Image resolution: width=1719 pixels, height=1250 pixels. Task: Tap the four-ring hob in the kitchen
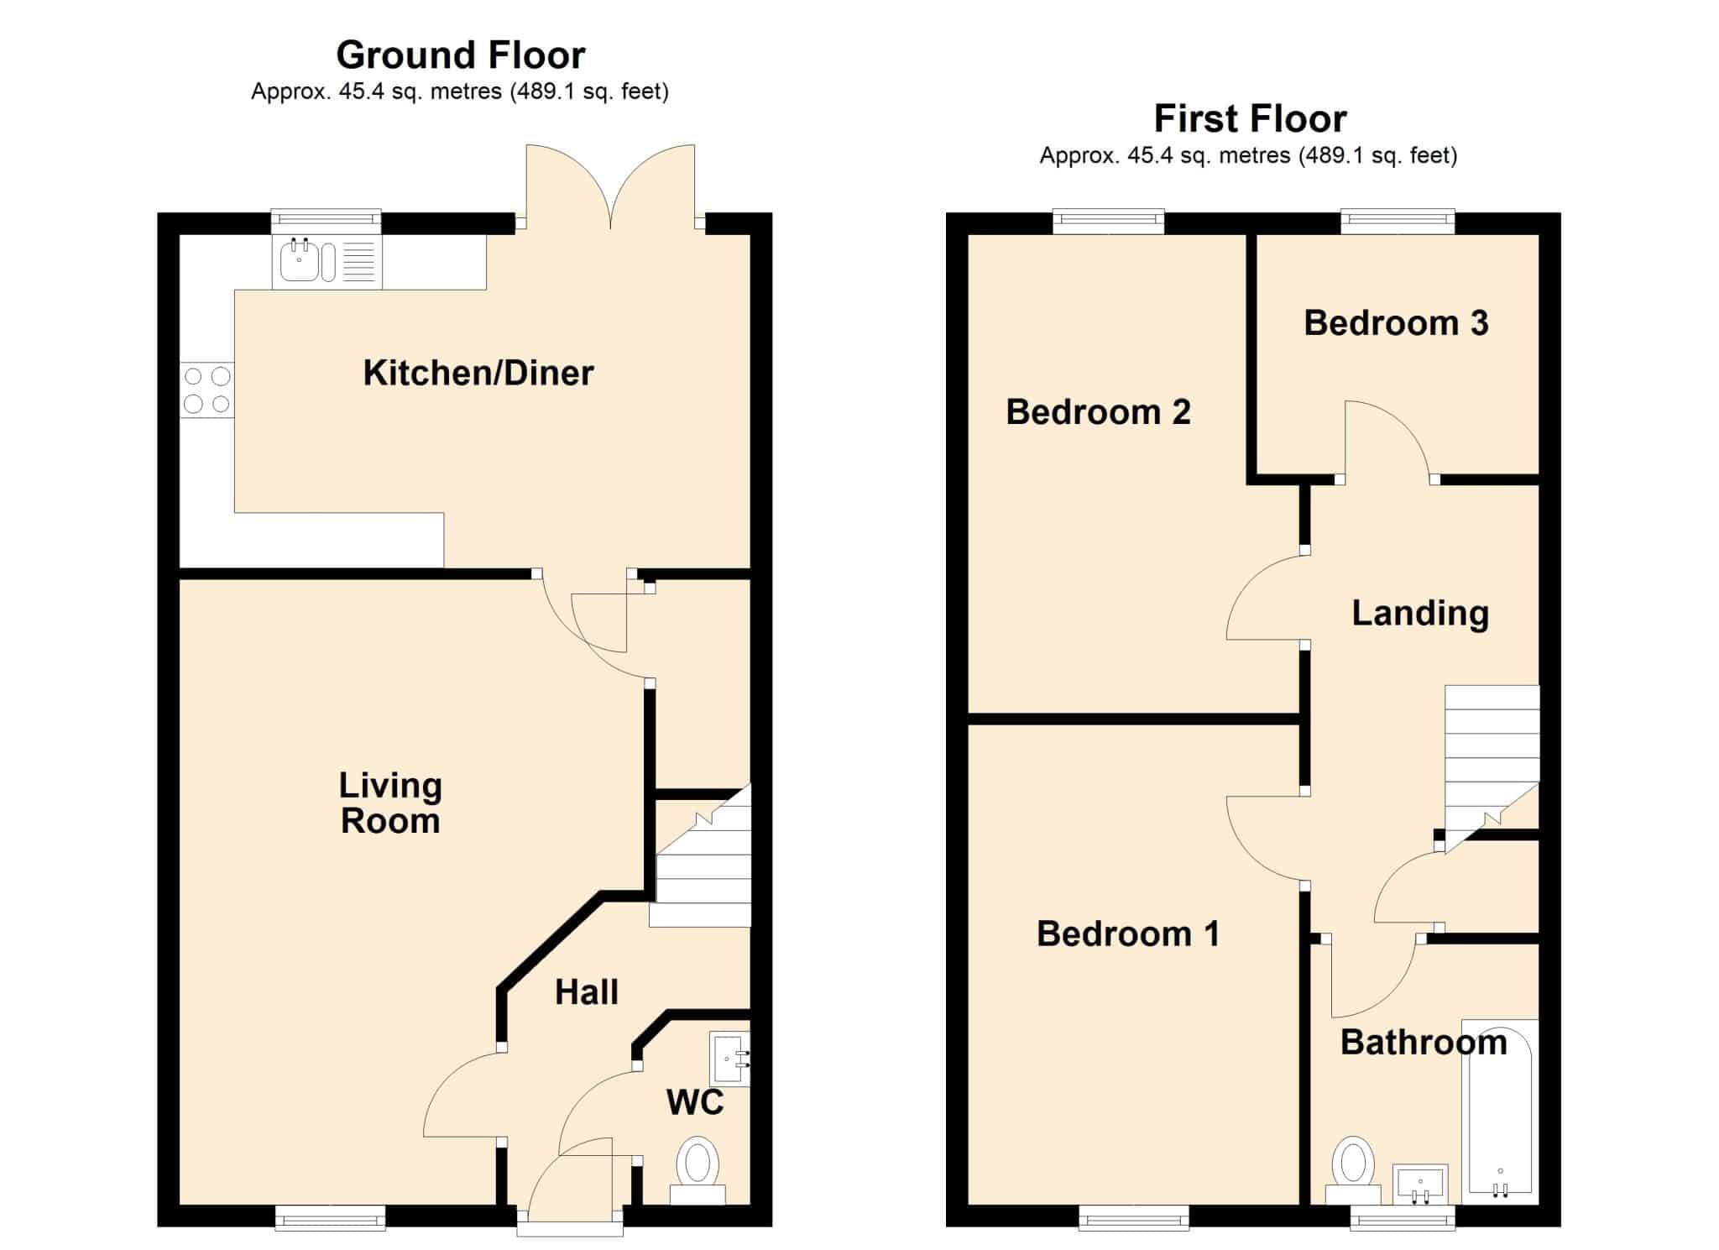(x=207, y=390)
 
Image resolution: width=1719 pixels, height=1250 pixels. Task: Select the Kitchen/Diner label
(x=478, y=373)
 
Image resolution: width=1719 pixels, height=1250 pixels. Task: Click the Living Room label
(x=390, y=803)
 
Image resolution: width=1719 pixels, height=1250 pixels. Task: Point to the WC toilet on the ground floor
(x=698, y=1170)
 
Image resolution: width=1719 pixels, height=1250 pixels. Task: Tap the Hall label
(x=587, y=992)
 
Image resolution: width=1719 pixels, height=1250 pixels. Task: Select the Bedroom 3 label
(x=1396, y=323)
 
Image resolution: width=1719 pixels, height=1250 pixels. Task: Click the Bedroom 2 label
(x=1098, y=412)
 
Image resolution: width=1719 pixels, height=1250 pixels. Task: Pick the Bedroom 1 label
(x=1128, y=934)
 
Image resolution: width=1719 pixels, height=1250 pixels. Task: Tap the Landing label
(x=1420, y=614)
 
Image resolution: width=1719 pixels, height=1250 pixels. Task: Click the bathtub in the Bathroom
(x=1500, y=1111)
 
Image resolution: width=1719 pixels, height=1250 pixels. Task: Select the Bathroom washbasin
(x=1420, y=1185)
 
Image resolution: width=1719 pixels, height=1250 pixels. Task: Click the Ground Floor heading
(x=461, y=55)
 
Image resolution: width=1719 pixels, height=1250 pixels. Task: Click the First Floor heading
(x=1250, y=119)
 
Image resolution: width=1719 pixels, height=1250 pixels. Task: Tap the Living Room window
(x=331, y=1217)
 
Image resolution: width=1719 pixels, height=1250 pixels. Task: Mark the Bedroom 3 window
(x=1398, y=222)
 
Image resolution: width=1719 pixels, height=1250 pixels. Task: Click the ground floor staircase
(x=701, y=856)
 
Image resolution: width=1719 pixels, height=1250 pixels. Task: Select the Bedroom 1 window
(x=1133, y=1217)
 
